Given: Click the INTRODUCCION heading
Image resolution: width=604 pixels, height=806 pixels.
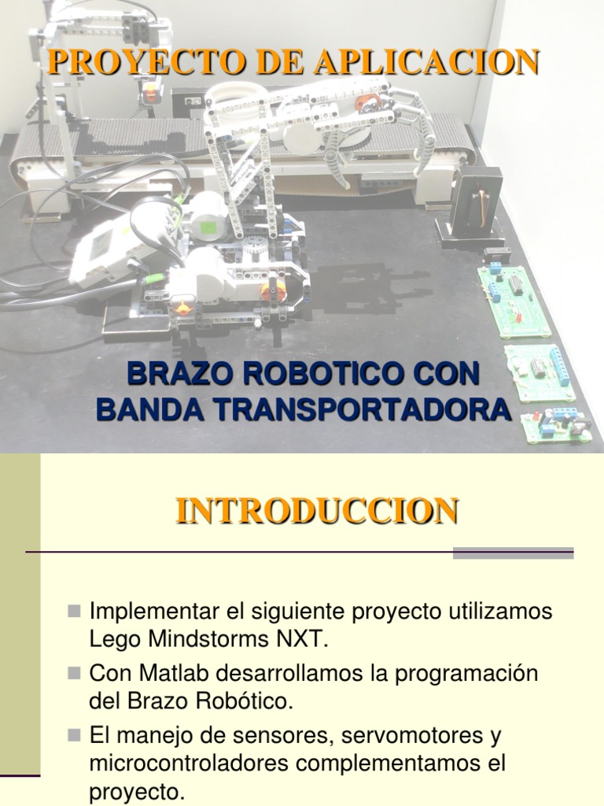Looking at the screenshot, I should pyautogui.click(x=317, y=510).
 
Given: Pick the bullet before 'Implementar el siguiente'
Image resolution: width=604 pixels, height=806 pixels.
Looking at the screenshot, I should pyautogui.click(x=75, y=610).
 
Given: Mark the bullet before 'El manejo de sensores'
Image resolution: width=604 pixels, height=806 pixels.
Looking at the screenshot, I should pyautogui.click(x=75, y=734).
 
